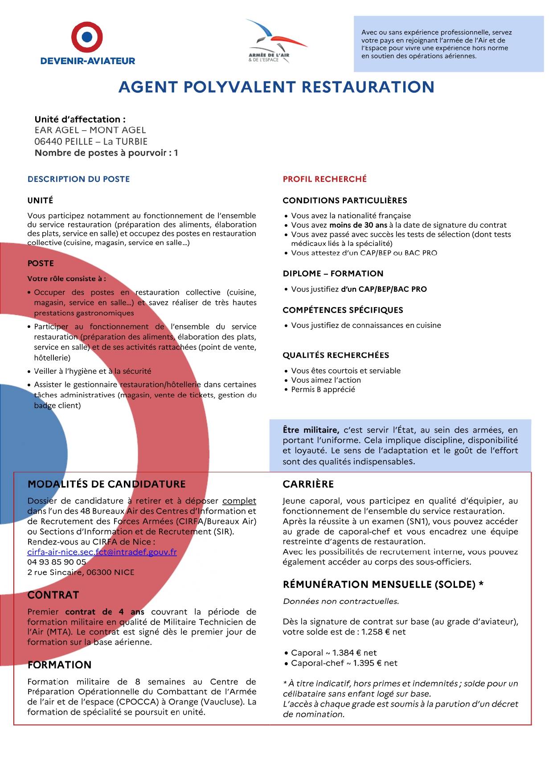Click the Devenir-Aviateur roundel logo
pos(87,37)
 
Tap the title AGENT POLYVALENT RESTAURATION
pos(276,87)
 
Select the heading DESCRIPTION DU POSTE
pos(78,179)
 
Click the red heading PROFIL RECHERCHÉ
pos(324,179)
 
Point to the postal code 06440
pos(48,142)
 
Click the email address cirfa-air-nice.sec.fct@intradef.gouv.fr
pos(102,552)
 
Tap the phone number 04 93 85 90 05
pos(57,562)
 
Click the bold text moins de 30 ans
pos(358,225)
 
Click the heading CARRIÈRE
pos(308,484)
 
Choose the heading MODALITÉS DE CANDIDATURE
pos(107,484)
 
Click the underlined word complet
pos(239,501)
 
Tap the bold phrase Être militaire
pos(311,430)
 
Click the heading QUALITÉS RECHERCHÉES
pos(336,355)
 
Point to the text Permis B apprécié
pos(323,389)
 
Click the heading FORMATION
pos(59,665)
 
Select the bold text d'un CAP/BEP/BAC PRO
pos(384,289)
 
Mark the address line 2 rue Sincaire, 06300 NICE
pos(81,573)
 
